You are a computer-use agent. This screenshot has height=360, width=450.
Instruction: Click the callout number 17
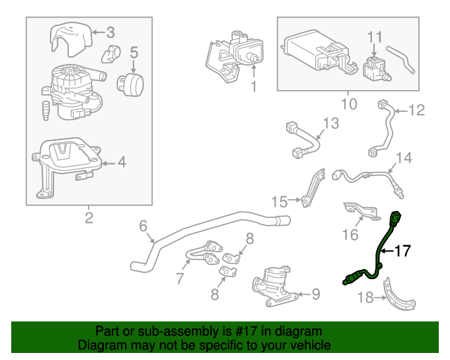401,250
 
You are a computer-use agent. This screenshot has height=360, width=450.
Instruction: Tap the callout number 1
254,88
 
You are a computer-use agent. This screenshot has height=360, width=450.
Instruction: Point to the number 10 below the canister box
348,104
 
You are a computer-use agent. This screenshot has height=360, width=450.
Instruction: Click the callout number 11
375,36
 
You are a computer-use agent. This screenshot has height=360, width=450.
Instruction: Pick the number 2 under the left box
89,218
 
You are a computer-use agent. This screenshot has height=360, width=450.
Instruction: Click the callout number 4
122,162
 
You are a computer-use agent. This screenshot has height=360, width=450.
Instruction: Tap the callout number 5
134,51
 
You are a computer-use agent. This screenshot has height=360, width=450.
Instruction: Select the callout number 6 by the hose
143,226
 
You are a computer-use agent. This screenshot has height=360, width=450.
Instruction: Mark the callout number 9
315,294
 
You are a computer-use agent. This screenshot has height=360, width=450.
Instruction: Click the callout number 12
417,110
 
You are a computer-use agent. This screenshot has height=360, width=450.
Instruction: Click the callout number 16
349,233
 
